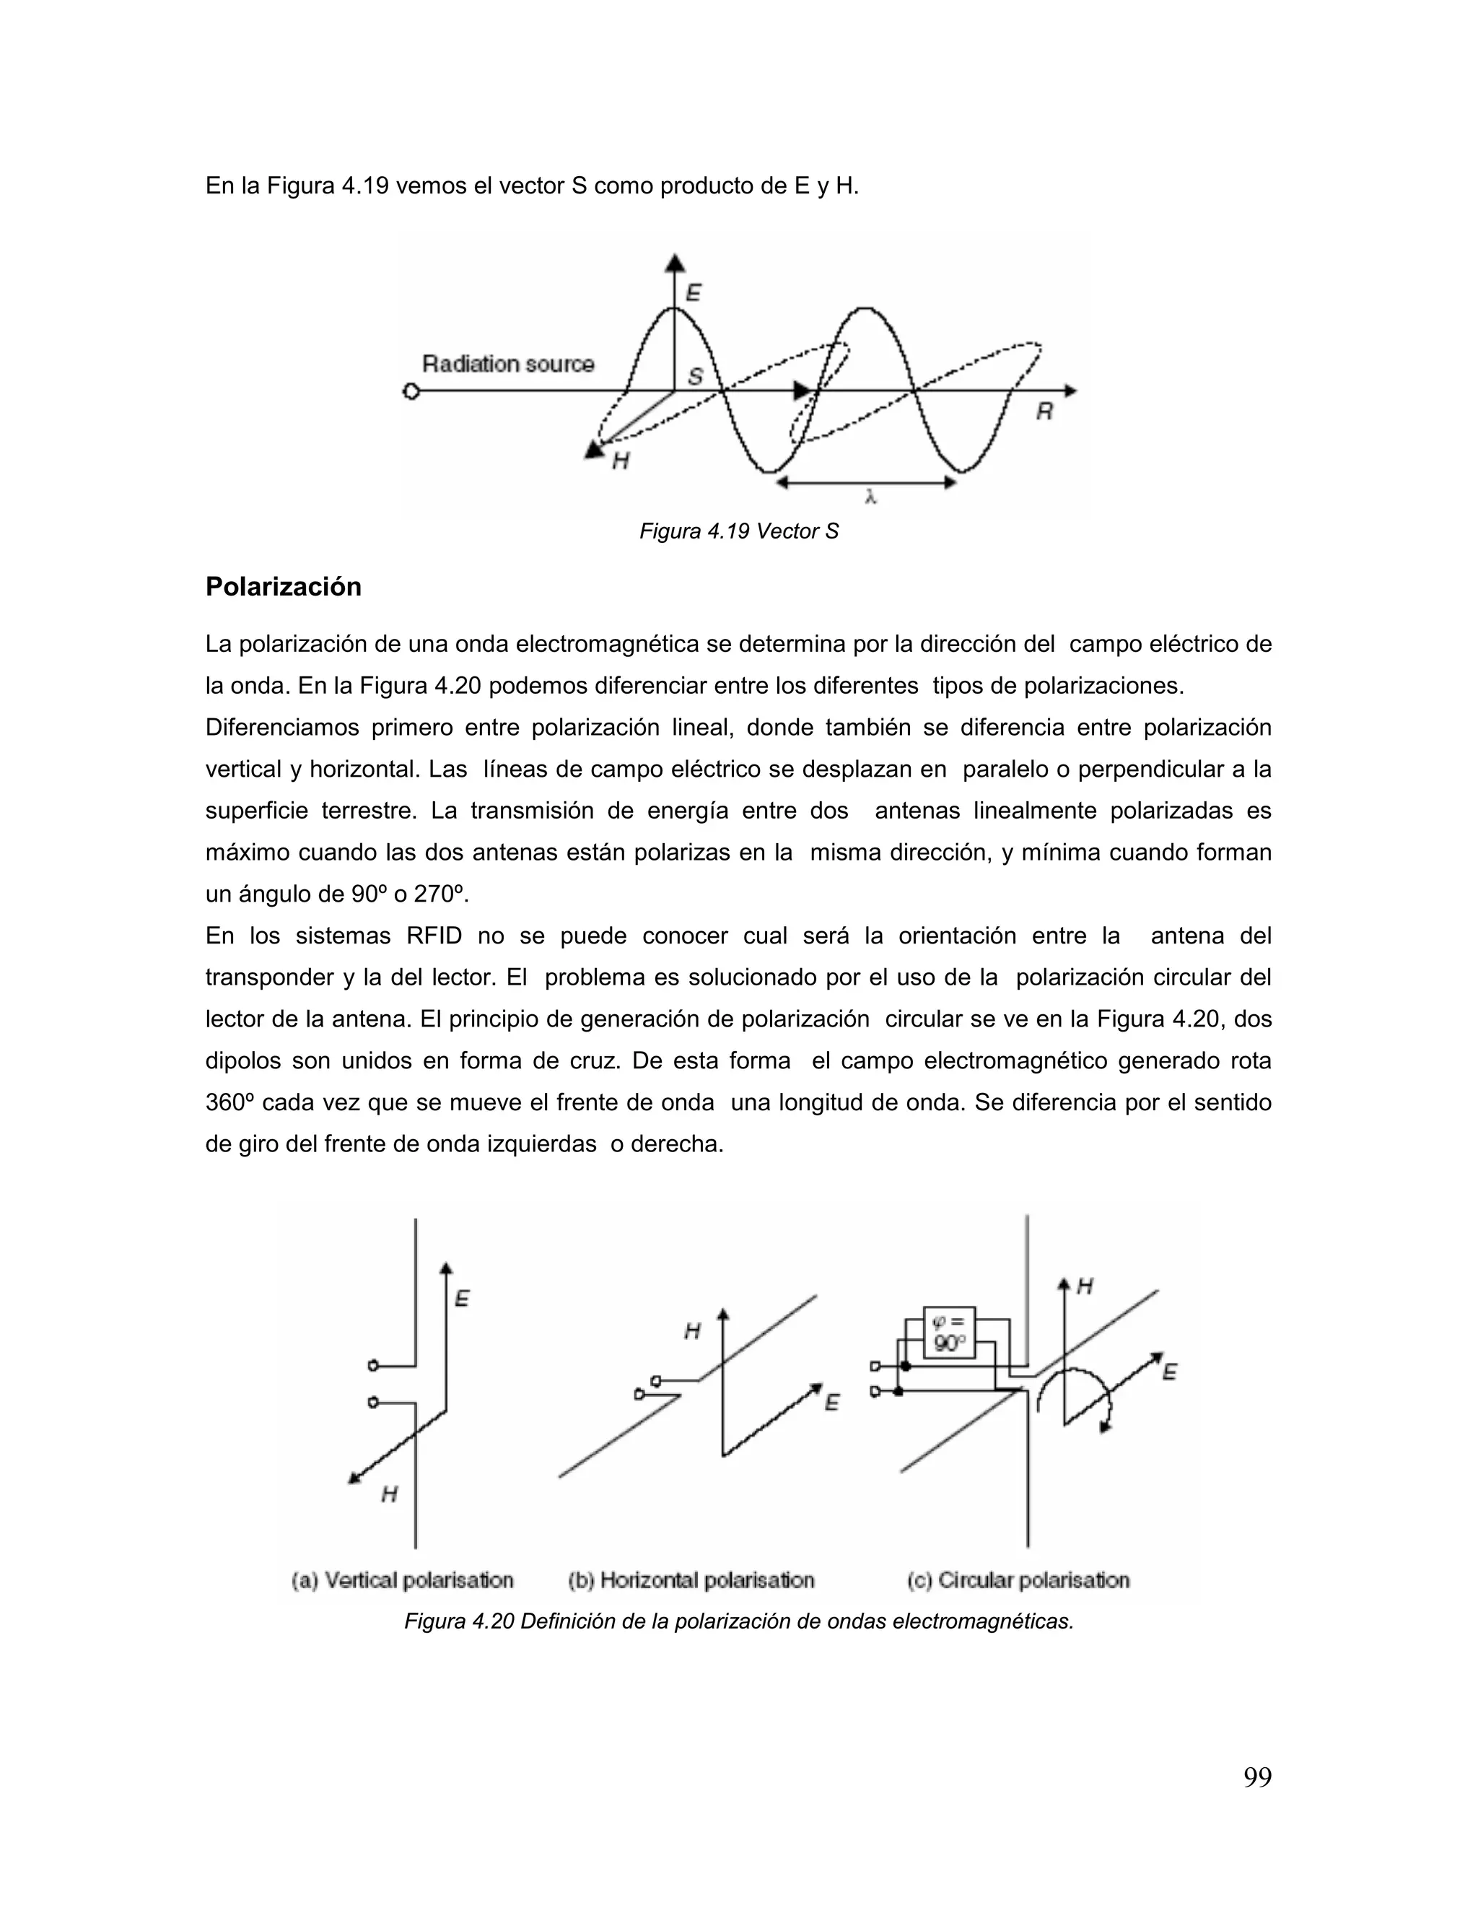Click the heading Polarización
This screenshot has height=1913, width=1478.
click(x=283, y=587)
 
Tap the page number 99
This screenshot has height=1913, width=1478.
click(x=1257, y=1777)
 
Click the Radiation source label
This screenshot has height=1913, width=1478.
click(x=508, y=364)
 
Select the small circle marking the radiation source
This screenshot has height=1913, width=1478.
click(x=411, y=391)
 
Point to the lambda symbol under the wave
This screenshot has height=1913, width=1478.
click(x=870, y=497)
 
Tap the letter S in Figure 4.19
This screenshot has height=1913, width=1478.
click(x=695, y=377)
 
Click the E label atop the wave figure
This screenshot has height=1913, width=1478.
click(x=694, y=292)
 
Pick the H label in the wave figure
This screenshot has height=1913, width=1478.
click(x=620, y=461)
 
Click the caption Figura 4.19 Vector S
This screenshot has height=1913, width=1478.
click(x=738, y=532)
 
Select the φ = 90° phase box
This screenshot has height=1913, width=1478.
click(x=949, y=1333)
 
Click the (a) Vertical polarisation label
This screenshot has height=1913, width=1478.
click(x=403, y=1580)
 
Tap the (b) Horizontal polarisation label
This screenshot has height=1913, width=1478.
click(x=691, y=1580)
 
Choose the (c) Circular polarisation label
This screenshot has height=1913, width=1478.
click(x=1018, y=1580)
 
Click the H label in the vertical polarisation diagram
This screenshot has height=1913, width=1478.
click(x=390, y=1494)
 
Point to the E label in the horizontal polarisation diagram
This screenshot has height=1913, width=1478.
click(x=832, y=1403)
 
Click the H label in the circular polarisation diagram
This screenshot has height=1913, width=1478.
click(x=1085, y=1286)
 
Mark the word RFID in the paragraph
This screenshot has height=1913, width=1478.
click(x=434, y=936)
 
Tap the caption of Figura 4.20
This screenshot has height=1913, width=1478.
click(x=738, y=1621)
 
